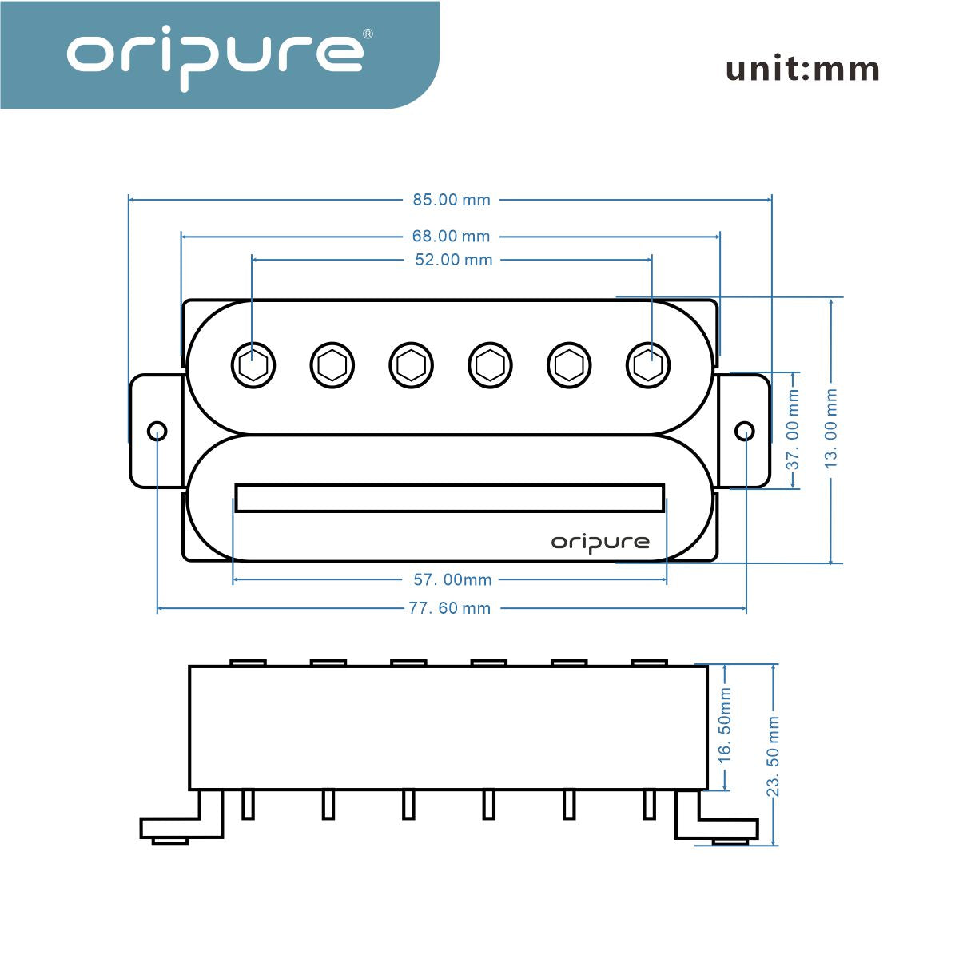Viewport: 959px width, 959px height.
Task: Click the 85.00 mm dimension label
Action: (x=452, y=200)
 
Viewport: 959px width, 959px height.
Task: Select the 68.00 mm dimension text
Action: (x=451, y=237)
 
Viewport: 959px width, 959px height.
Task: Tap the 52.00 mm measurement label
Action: (x=454, y=260)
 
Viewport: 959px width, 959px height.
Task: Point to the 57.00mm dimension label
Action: (x=452, y=580)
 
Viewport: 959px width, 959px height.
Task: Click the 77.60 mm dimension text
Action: (x=450, y=608)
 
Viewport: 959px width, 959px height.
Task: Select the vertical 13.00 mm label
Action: (x=832, y=430)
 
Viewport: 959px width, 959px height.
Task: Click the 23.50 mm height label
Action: (x=774, y=756)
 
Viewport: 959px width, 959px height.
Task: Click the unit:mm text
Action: (x=802, y=70)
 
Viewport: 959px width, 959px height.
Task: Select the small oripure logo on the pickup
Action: (x=600, y=543)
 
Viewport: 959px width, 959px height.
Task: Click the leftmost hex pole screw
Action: (x=253, y=365)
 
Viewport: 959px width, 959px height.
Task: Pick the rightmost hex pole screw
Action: (x=648, y=365)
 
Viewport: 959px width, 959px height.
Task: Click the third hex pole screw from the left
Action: (x=412, y=365)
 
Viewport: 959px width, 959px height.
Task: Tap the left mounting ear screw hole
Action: (x=157, y=432)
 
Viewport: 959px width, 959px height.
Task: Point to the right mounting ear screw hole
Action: (x=745, y=432)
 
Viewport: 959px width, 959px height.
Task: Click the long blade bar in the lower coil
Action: (x=450, y=497)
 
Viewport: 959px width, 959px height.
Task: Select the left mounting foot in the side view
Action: (x=182, y=823)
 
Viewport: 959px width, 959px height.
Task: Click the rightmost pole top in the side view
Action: (x=649, y=663)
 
